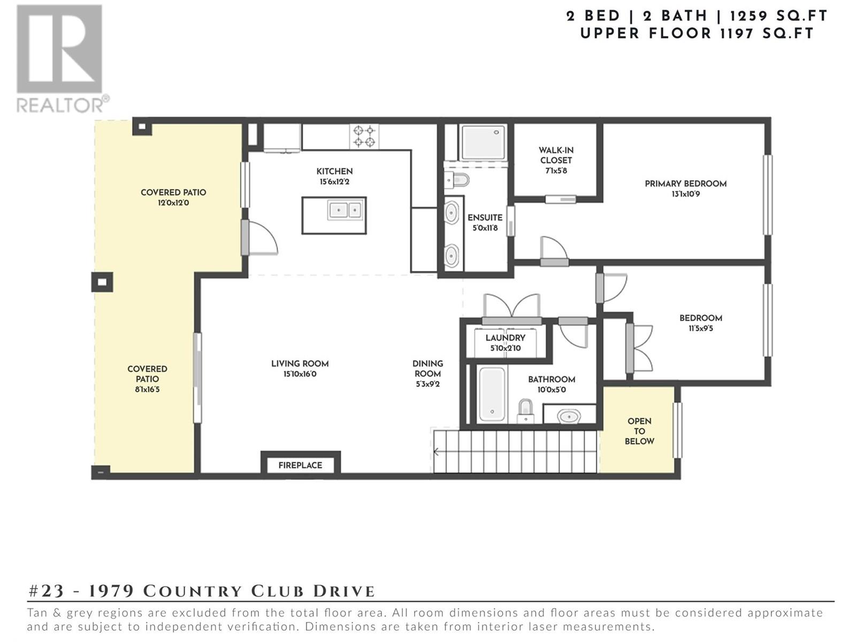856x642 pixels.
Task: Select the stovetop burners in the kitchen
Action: pos(364,136)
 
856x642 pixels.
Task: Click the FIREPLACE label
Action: pos(300,465)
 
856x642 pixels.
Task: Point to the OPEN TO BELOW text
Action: pos(639,431)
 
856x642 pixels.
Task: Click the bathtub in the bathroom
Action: pos(492,394)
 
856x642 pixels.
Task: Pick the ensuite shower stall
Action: pos(484,143)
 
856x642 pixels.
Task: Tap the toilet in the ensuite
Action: pos(456,180)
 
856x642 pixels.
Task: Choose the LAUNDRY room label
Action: pos(506,338)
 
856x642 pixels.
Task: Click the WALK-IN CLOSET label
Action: pos(556,155)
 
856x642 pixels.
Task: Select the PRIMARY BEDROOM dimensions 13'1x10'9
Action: pos(685,194)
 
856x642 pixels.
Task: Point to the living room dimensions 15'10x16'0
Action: pos(300,374)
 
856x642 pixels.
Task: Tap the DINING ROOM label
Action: pos(428,369)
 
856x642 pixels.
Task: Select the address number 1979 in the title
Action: pos(111,591)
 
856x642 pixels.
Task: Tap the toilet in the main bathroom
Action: pos(525,411)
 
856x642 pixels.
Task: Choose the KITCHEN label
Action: pos(334,171)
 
